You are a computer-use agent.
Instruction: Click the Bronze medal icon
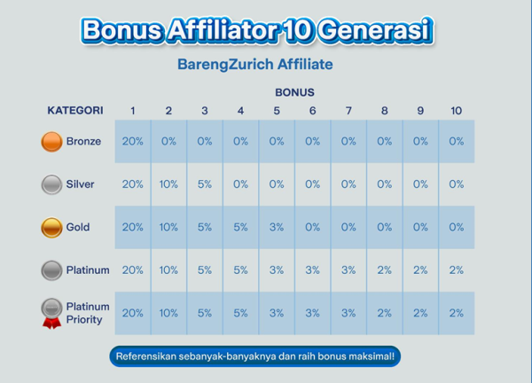(51, 142)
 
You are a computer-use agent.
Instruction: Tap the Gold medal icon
(51, 227)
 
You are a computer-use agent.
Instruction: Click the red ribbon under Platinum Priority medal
(52, 323)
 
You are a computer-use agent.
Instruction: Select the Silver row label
(80, 184)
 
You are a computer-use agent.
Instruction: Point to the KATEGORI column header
(75, 111)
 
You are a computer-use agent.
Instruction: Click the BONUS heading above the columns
(294, 92)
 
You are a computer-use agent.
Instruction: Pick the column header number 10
(456, 111)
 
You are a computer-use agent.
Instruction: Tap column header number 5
(277, 111)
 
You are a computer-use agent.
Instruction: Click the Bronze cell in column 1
(133, 141)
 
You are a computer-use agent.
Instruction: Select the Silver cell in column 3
(205, 184)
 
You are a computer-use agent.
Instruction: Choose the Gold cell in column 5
(277, 227)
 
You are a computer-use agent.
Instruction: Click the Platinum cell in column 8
(385, 270)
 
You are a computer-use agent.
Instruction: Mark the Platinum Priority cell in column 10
(457, 313)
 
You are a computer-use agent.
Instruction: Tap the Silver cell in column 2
(168, 184)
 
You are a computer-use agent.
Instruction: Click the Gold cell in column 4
(240, 227)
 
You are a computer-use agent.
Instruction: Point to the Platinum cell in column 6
(312, 270)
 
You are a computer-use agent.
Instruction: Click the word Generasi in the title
(375, 30)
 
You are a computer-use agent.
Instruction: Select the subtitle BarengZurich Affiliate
(255, 64)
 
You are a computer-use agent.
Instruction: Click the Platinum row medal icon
(51, 270)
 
